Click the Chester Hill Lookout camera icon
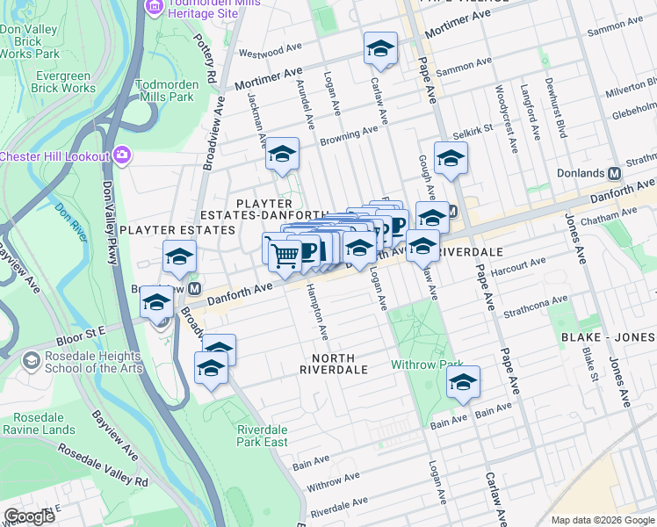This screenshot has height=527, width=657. point(121,156)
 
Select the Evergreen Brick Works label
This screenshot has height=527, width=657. point(54,82)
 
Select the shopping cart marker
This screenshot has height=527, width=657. point(285,255)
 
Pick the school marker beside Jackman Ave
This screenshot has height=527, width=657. point(283,155)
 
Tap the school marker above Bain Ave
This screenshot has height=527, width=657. point(463,382)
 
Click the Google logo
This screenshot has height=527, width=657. point(29,516)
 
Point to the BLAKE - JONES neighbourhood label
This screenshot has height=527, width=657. point(610,337)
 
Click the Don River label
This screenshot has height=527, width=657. point(67,212)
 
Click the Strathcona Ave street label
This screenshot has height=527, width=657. point(537,305)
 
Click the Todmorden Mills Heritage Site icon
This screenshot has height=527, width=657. point(155,7)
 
